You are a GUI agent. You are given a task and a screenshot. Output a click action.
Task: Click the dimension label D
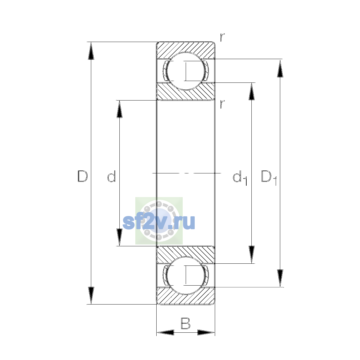click(82, 176)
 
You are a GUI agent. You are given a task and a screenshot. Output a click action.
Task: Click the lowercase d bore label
click(112, 176)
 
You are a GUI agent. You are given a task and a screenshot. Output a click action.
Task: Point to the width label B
click(185, 323)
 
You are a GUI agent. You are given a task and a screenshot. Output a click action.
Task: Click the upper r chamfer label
click(222, 37)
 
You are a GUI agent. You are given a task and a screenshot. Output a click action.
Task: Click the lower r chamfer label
click(222, 104)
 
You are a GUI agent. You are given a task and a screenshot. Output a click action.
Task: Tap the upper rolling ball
click(186, 71)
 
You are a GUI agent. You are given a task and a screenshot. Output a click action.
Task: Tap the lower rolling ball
click(186, 276)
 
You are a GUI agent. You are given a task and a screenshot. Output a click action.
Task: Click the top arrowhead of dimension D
click(91, 51)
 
